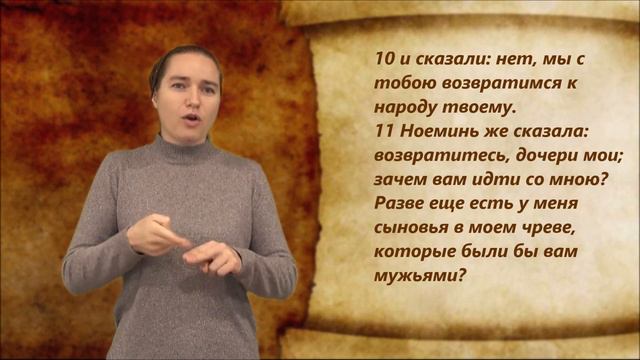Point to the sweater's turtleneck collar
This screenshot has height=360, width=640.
coord(185,150)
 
